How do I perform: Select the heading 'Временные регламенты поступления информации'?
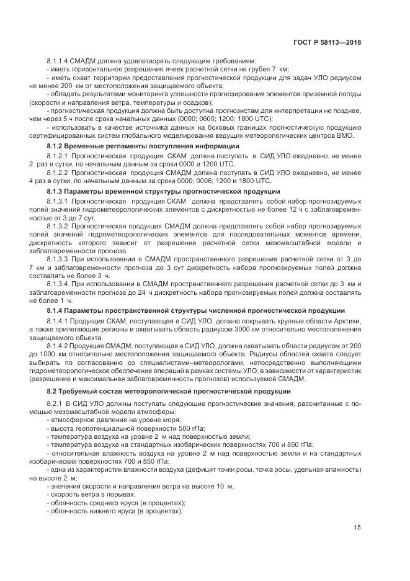(x=152, y=145)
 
